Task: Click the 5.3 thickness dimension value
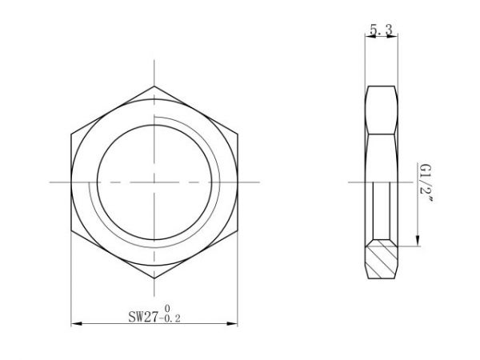pyautogui.click(x=382, y=30)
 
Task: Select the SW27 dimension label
pyautogui.click(x=144, y=315)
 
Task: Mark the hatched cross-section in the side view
pyautogui.click(x=383, y=259)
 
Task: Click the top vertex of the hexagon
pyautogui.click(x=154, y=84)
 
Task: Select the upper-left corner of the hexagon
pyautogui.click(x=71, y=133)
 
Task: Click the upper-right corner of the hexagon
pyautogui.click(x=238, y=133)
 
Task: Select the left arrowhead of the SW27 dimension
pyautogui.click(x=74, y=324)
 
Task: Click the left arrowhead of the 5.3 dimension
pyautogui.click(x=368, y=37)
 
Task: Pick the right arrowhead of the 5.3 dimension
pyautogui.click(x=397, y=37)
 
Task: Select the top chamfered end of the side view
pyautogui.click(x=382, y=88)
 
